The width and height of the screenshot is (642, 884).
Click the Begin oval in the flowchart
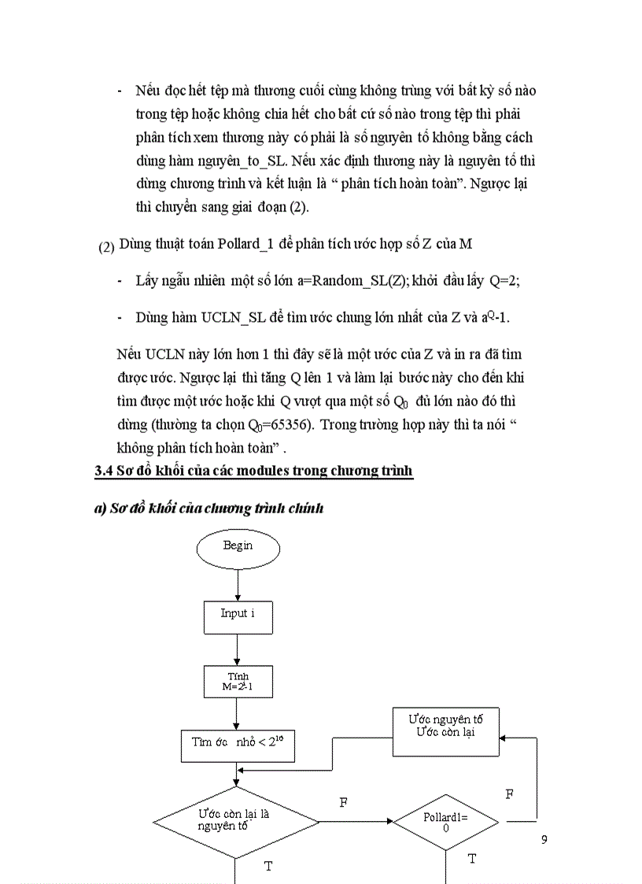238,546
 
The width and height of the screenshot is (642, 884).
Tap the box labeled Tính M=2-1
238,682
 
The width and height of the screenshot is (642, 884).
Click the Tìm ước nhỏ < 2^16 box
238,743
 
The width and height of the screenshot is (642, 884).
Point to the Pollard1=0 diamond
446,823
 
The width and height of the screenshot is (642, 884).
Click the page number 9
544,839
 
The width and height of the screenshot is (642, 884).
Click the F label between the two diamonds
344,803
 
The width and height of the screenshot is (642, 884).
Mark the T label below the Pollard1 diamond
472,859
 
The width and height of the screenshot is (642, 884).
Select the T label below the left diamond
268,866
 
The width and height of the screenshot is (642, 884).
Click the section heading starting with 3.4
253,472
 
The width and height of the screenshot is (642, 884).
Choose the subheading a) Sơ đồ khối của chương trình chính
208,508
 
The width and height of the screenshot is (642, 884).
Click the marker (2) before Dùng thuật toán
106,247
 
